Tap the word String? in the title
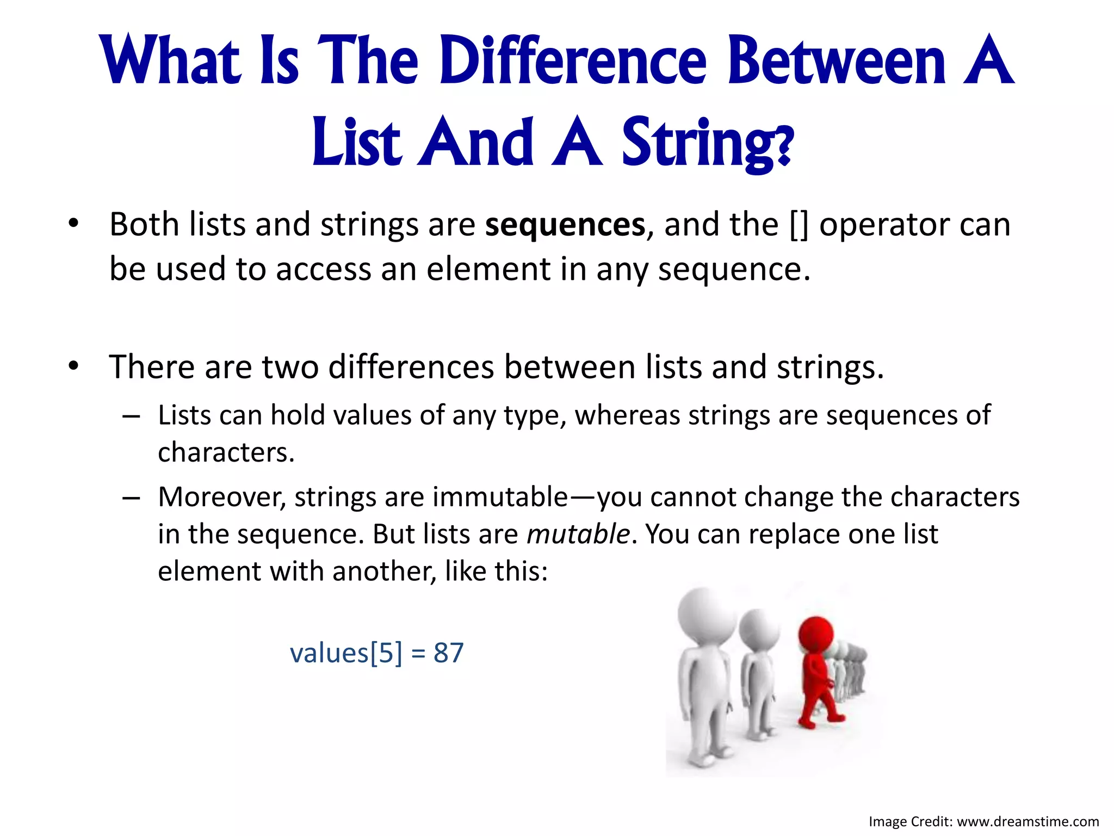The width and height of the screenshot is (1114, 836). pos(707,143)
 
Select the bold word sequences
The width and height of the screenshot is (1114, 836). pos(565,224)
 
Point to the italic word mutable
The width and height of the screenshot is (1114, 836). pos(578,534)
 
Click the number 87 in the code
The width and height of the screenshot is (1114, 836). pos(448,653)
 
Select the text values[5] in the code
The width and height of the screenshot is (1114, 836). pos(346,653)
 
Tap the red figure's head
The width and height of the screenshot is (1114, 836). pos(815,635)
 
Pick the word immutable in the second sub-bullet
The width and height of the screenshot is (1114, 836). pos(500,497)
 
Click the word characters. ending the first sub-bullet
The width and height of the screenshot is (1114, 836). pos(226,452)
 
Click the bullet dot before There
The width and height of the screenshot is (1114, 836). pos(73,366)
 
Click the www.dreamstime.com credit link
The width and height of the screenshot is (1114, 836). pos(1028,821)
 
